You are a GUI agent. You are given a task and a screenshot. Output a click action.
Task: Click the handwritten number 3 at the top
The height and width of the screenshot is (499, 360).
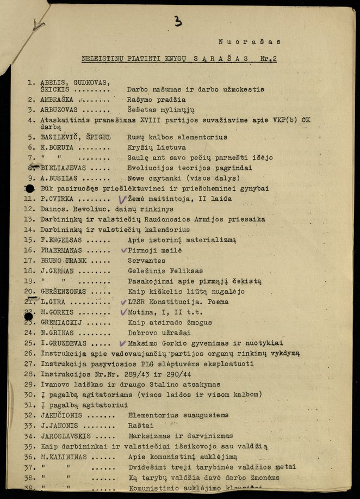click(178, 21)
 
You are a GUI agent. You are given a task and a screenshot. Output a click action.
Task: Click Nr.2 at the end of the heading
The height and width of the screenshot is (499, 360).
click(268, 59)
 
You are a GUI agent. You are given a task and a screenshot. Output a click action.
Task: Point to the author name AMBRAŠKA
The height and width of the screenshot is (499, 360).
click(57, 100)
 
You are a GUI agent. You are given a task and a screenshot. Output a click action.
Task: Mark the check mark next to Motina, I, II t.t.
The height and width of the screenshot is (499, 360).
click(122, 312)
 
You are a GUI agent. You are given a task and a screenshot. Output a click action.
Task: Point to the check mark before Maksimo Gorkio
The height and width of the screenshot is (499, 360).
click(122, 343)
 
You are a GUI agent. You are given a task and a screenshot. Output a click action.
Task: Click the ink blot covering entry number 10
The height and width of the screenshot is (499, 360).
click(29, 188)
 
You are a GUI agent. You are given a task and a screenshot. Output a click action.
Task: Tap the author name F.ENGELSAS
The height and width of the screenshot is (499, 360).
click(62, 239)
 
